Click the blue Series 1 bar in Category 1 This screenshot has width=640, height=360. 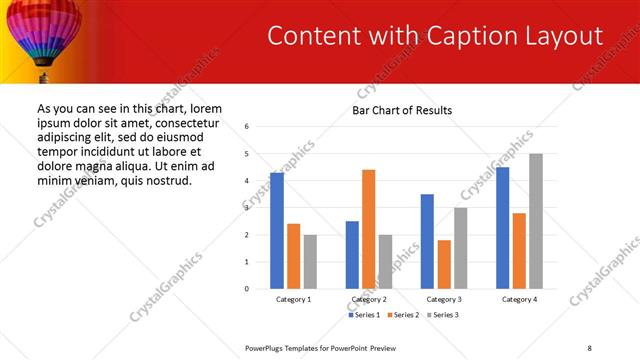tap(277, 231)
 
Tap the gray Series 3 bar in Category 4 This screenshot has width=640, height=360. tap(536, 221)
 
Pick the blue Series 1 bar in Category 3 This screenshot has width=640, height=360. tap(427, 241)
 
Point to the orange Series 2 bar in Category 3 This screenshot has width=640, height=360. tap(444, 264)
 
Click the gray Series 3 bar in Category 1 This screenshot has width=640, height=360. tap(310, 262)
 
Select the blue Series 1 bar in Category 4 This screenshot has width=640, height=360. tap(503, 228)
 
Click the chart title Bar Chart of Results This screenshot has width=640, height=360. tap(402, 110)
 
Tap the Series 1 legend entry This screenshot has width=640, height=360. tap(364, 315)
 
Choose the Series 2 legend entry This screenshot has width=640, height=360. tap(402, 315)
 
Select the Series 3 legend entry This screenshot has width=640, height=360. tap(441, 315)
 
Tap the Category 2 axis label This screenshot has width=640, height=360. tap(368, 299)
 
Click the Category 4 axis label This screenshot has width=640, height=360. tap(519, 299)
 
